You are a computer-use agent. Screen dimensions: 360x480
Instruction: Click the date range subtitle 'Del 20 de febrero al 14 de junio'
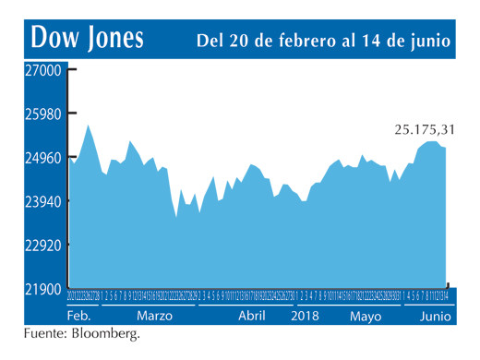[323, 40]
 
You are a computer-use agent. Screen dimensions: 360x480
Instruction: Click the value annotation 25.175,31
[421, 128]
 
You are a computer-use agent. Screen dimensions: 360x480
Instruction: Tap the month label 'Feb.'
[80, 316]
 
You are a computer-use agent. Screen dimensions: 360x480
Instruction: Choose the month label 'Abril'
[251, 316]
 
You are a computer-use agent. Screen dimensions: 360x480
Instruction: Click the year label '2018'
[306, 316]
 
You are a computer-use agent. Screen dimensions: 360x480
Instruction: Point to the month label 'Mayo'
[366, 316]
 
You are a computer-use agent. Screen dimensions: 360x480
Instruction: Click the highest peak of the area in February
[88, 125]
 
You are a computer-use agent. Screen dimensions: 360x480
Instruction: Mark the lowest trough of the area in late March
[176, 217]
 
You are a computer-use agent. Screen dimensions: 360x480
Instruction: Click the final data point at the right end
[446, 149]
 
